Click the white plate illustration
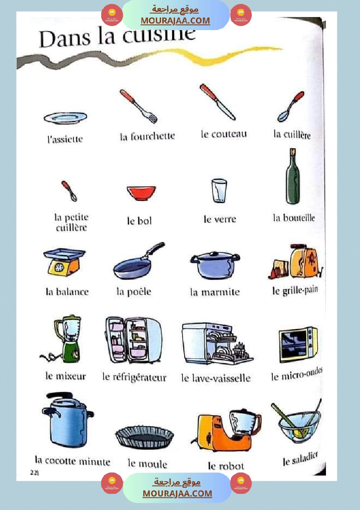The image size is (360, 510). (x=65, y=118)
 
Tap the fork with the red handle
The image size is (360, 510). (x=138, y=106)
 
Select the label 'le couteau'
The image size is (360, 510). (x=224, y=134)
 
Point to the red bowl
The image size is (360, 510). (x=141, y=192)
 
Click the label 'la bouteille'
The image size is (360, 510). (x=294, y=218)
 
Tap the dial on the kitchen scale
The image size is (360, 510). (x=59, y=267)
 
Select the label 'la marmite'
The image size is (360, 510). (x=215, y=292)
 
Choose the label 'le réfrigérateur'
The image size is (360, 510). (x=134, y=377)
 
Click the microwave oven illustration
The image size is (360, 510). (x=298, y=345)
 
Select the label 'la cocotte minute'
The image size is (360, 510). (x=72, y=461)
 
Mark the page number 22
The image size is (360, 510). (x=34, y=472)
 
